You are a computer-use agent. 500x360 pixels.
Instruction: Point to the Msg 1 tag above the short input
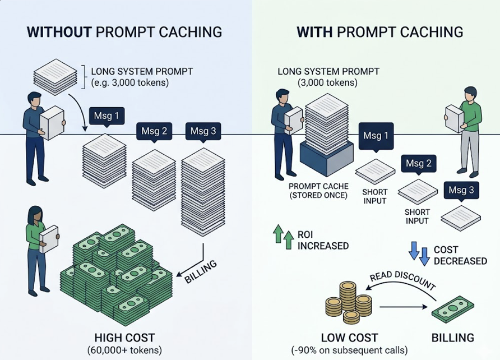click(x=376, y=136)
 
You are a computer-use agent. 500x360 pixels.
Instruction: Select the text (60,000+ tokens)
click(x=124, y=350)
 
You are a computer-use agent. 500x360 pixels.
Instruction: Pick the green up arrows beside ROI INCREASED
click(x=284, y=237)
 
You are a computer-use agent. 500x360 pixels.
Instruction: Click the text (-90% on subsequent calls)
click(x=349, y=350)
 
